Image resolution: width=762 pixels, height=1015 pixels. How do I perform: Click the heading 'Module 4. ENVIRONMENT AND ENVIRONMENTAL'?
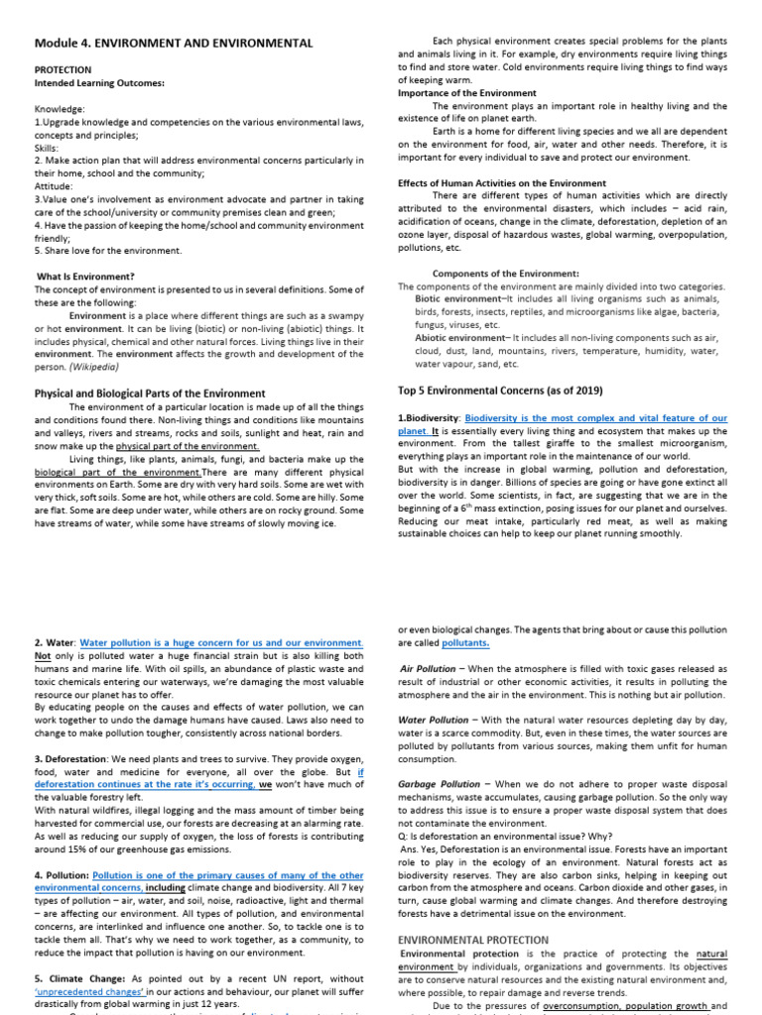[174, 43]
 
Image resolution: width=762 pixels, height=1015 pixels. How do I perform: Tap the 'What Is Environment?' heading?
[85, 277]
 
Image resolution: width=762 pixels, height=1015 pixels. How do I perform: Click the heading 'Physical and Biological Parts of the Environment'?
[150, 394]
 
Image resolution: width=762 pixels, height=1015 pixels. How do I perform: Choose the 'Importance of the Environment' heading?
[466, 93]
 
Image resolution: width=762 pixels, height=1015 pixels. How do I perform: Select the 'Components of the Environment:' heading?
[506, 274]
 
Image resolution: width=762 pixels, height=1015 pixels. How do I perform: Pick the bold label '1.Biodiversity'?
[429, 419]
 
